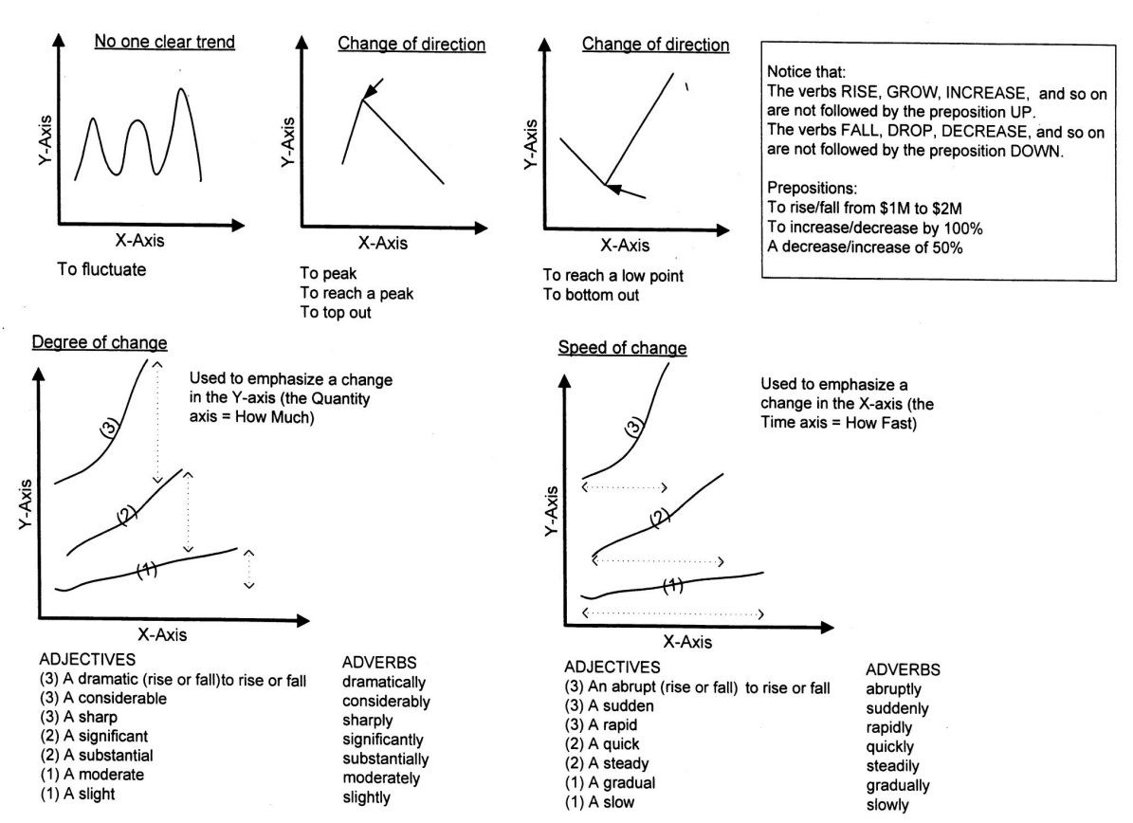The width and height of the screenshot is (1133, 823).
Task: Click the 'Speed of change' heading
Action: coord(621,348)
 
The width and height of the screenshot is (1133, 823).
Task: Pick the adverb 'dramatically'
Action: coord(383,682)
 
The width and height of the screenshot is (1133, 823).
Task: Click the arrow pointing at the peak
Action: coord(373,89)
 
